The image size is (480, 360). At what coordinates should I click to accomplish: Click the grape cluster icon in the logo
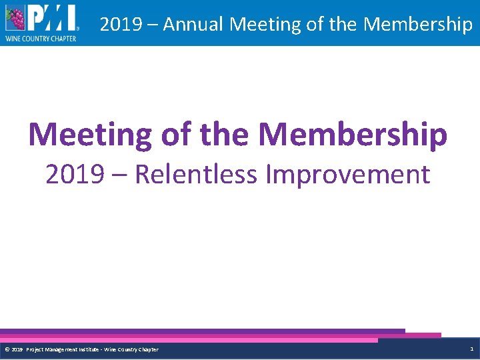(15, 18)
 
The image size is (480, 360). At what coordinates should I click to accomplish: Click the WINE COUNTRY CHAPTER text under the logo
(41, 39)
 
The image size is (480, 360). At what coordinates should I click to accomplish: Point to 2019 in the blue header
(120, 25)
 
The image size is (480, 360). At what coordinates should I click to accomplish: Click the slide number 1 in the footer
(471, 349)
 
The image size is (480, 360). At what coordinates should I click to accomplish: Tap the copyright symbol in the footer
(7, 349)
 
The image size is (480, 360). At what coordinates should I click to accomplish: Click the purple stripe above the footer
(200, 331)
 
